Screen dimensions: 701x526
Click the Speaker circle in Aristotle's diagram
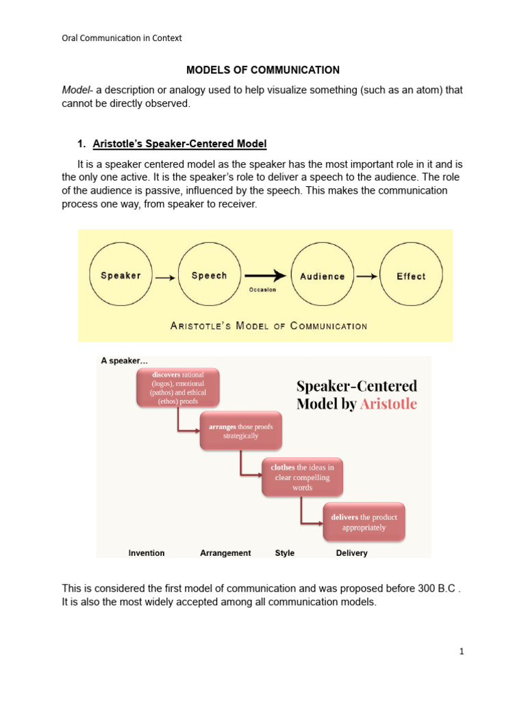click(x=121, y=276)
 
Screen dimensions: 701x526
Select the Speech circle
click(x=209, y=276)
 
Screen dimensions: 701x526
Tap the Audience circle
click(x=323, y=276)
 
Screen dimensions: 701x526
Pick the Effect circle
click(x=411, y=276)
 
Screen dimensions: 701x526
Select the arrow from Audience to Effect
click(x=366, y=277)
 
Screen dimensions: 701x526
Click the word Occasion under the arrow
click(x=262, y=290)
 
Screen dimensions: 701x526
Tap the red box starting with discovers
click(x=179, y=388)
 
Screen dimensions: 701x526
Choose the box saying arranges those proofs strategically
click(x=240, y=430)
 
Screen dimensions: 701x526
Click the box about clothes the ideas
click(x=302, y=477)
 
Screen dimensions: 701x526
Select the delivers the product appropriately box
click(x=364, y=522)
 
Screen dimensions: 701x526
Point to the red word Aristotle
click(x=388, y=404)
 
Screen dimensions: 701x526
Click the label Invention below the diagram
click(x=147, y=553)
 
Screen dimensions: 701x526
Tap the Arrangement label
click(x=225, y=553)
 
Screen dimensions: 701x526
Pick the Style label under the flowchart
click(x=284, y=553)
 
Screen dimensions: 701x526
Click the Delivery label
click(x=351, y=553)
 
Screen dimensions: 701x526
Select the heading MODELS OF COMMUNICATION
click(x=263, y=70)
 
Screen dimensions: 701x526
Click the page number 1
click(x=462, y=652)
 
